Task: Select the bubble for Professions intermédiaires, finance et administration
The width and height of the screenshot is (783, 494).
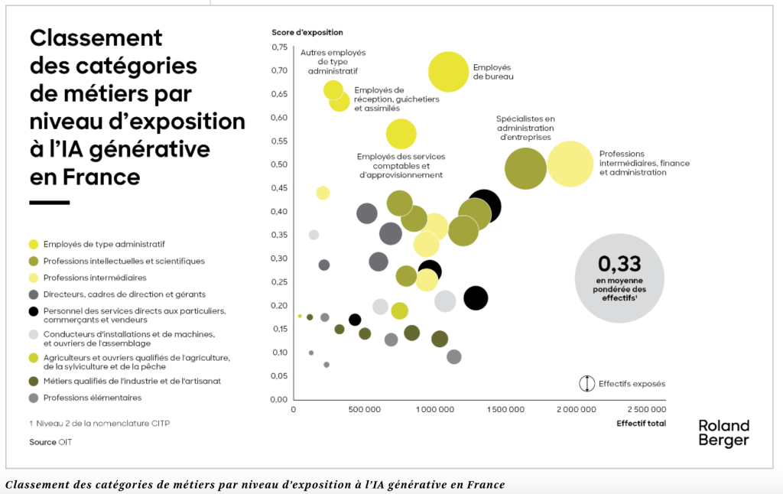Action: click(x=570, y=164)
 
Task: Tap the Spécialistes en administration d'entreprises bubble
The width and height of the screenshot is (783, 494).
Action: click(x=526, y=168)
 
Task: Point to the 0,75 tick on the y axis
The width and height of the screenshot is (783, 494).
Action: click(x=279, y=47)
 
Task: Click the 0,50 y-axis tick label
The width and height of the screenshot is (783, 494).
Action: click(x=279, y=164)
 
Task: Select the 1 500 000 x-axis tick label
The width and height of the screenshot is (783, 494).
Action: click(x=505, y=410)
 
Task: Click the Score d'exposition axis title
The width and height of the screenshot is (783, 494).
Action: click(x=307, y=33)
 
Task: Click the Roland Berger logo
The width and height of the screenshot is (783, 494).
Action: click(x=723, y=433)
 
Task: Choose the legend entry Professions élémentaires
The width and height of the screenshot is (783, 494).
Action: click(x=93, y=398)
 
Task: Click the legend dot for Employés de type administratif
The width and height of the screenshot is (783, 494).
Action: click(x=33, y=245)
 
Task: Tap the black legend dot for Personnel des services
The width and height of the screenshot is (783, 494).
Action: click(x=33, y=311)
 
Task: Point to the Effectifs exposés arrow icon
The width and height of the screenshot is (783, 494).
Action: click(x=586, y=383)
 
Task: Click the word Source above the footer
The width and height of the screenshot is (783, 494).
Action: click(x=43, y=442)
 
